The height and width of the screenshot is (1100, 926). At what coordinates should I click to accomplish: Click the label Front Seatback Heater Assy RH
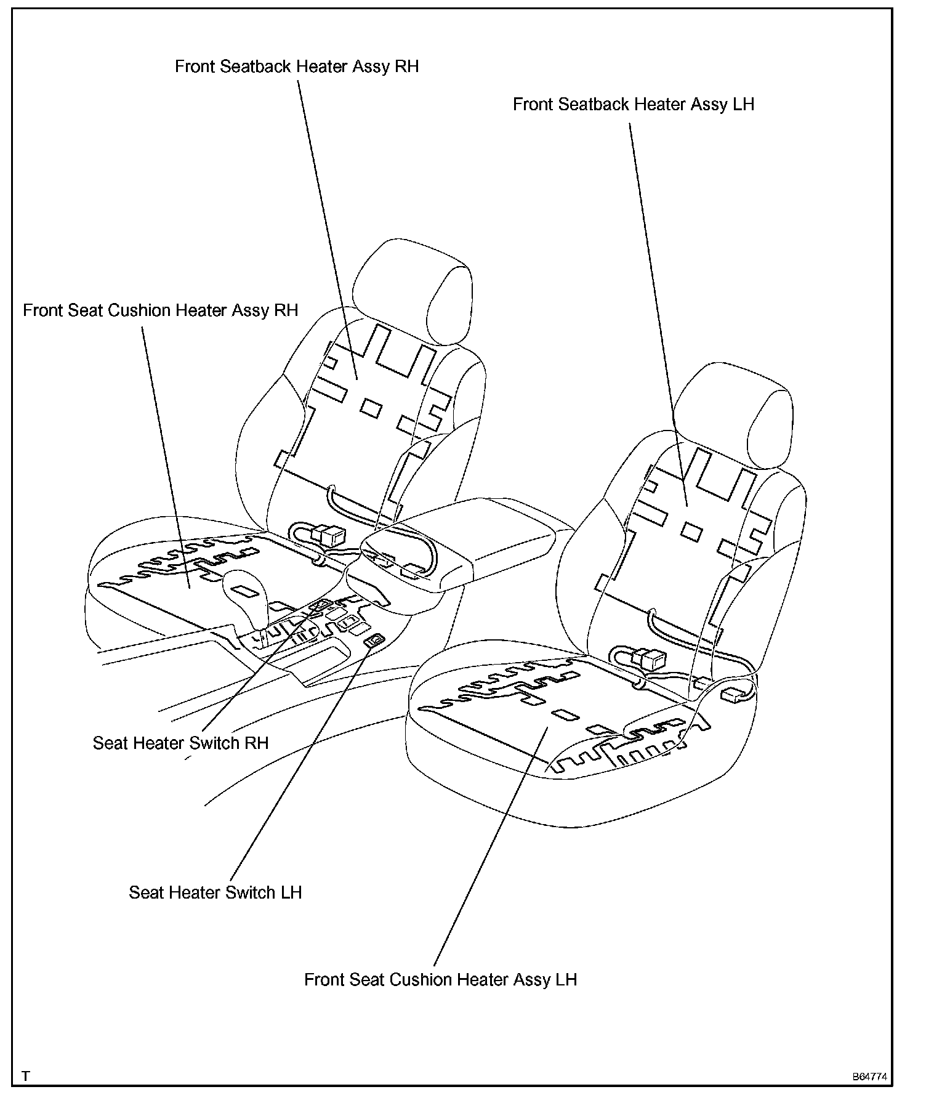tap(297, 67)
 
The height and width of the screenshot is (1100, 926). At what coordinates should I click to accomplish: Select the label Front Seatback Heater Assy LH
tap(634, 105)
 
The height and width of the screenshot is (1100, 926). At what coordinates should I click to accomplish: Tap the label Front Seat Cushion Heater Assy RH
tap(160, 310)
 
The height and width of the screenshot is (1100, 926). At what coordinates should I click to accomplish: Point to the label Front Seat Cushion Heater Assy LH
tap(440, 979)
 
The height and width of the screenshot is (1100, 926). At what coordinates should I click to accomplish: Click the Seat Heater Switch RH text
tap(180, 743)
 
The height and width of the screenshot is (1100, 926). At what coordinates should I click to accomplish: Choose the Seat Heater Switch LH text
tap(215, 892)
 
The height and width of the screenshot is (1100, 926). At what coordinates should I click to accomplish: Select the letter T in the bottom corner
tap(26, 1076)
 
